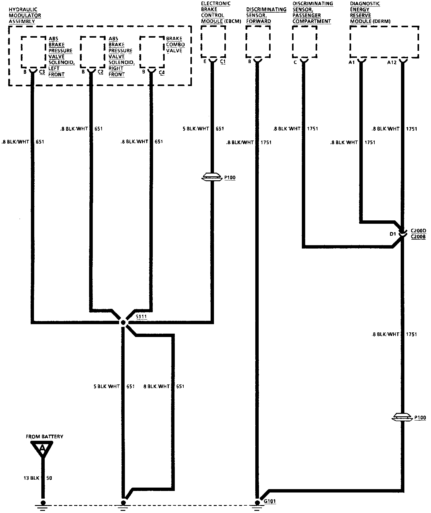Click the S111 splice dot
(x=123, y=322)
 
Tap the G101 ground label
(x=269, y=501)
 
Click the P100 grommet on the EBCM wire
(x=212, y=177)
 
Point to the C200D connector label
(x=418, y=230)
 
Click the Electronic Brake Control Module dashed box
(x=213, y=42)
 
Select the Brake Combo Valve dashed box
(x=152, y=52)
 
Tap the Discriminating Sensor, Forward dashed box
(x=258, y=42)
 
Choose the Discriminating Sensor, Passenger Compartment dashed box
(x=304, y=42)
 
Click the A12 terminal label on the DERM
(x=392, y=62)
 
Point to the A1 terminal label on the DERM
(x=351, y=62)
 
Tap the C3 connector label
(x=42, y=73)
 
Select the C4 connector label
(x=162, y=73)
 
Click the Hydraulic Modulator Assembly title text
(x=24, y=15)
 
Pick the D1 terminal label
(x=393, y=234)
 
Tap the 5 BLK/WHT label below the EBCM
(x=196, y=129)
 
